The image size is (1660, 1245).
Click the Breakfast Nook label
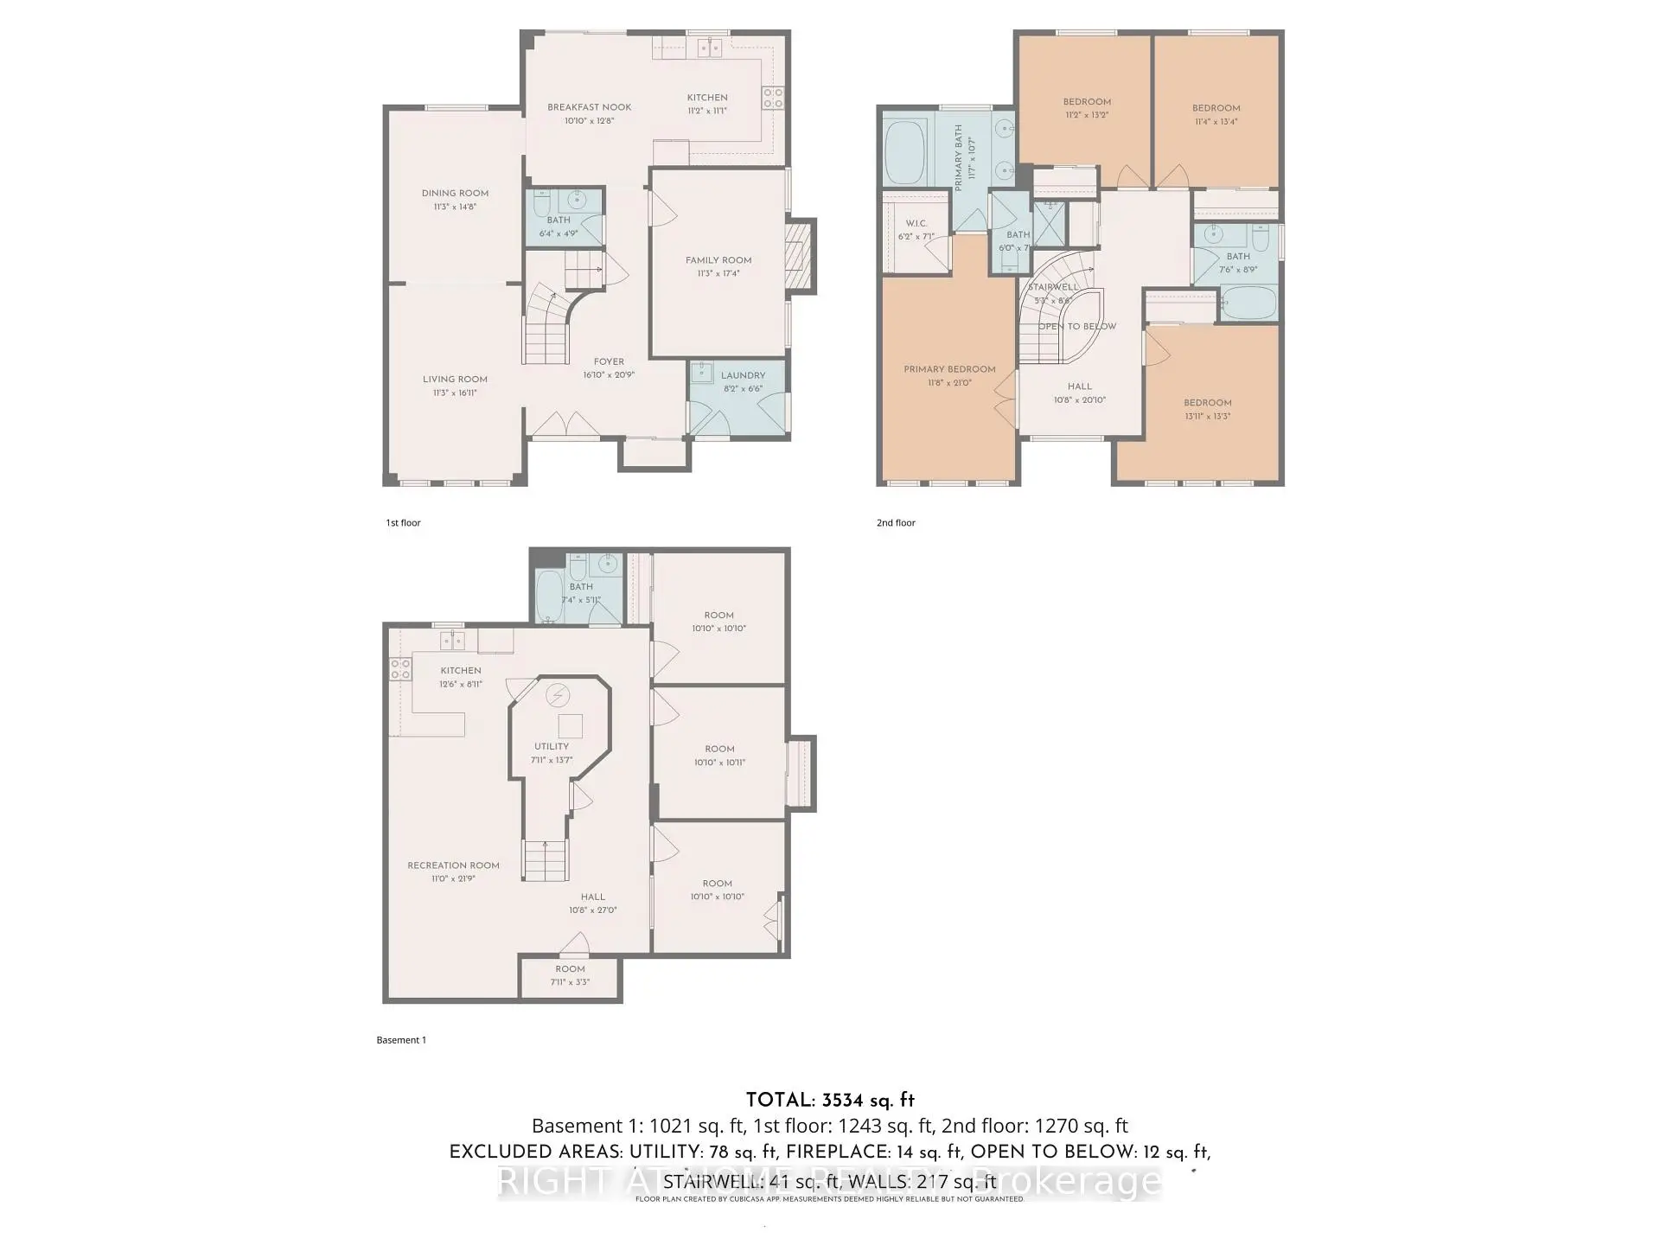click(x=589, y=107)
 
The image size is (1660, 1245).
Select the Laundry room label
click(x=743, y=375)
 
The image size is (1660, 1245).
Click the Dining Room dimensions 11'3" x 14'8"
click(x=455, y=207)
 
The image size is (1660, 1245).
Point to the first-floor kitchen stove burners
click(x=772, y=98)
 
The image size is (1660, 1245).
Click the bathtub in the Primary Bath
click(x=904, y=152)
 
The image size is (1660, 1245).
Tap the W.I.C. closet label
click(x=916, y=223)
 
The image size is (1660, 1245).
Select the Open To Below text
click(x=1077, y=327)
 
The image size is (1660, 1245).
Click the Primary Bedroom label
click(x=949, y=369)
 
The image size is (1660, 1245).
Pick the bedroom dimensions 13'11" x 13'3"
click(x=1208, y=417)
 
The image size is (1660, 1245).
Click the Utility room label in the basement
click(x=552, y=746)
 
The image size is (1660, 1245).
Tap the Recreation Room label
click(x=453, y=865)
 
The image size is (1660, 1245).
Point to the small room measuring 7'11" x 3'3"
click(x=570, y=976)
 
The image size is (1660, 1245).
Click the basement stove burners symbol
click(x=400, y=668)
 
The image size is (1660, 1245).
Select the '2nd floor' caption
click(x=896, y=523)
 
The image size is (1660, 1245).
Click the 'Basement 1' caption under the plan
click(x=401, y=1040)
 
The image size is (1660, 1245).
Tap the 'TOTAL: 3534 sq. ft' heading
click(x=830, y=1101)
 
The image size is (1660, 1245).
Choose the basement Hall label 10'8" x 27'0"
click(x=592, y=903)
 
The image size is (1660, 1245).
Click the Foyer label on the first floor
click(x=609, y=362)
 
